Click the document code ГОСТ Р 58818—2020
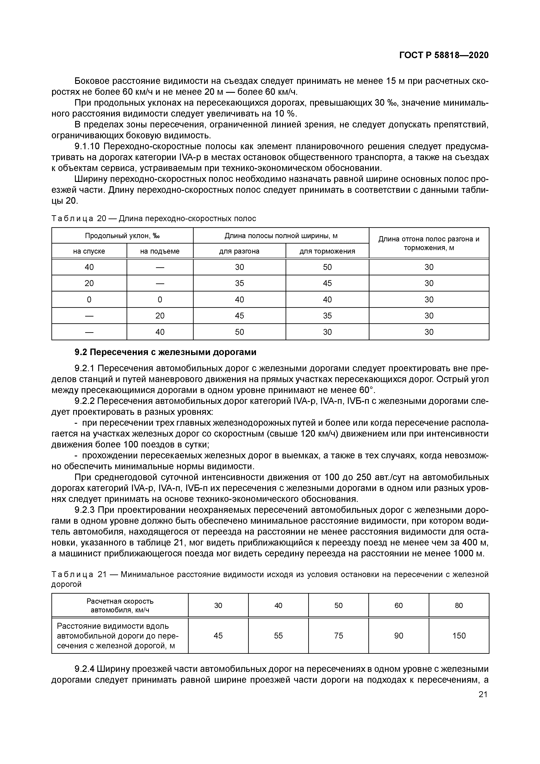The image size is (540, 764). coord(444,55)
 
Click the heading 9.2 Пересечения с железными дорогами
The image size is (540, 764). coord(165,352)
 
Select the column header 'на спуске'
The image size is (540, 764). coord(89,251)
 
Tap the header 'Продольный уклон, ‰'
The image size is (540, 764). coord(122,236)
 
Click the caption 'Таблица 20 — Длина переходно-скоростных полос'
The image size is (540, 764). coord(154,219)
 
